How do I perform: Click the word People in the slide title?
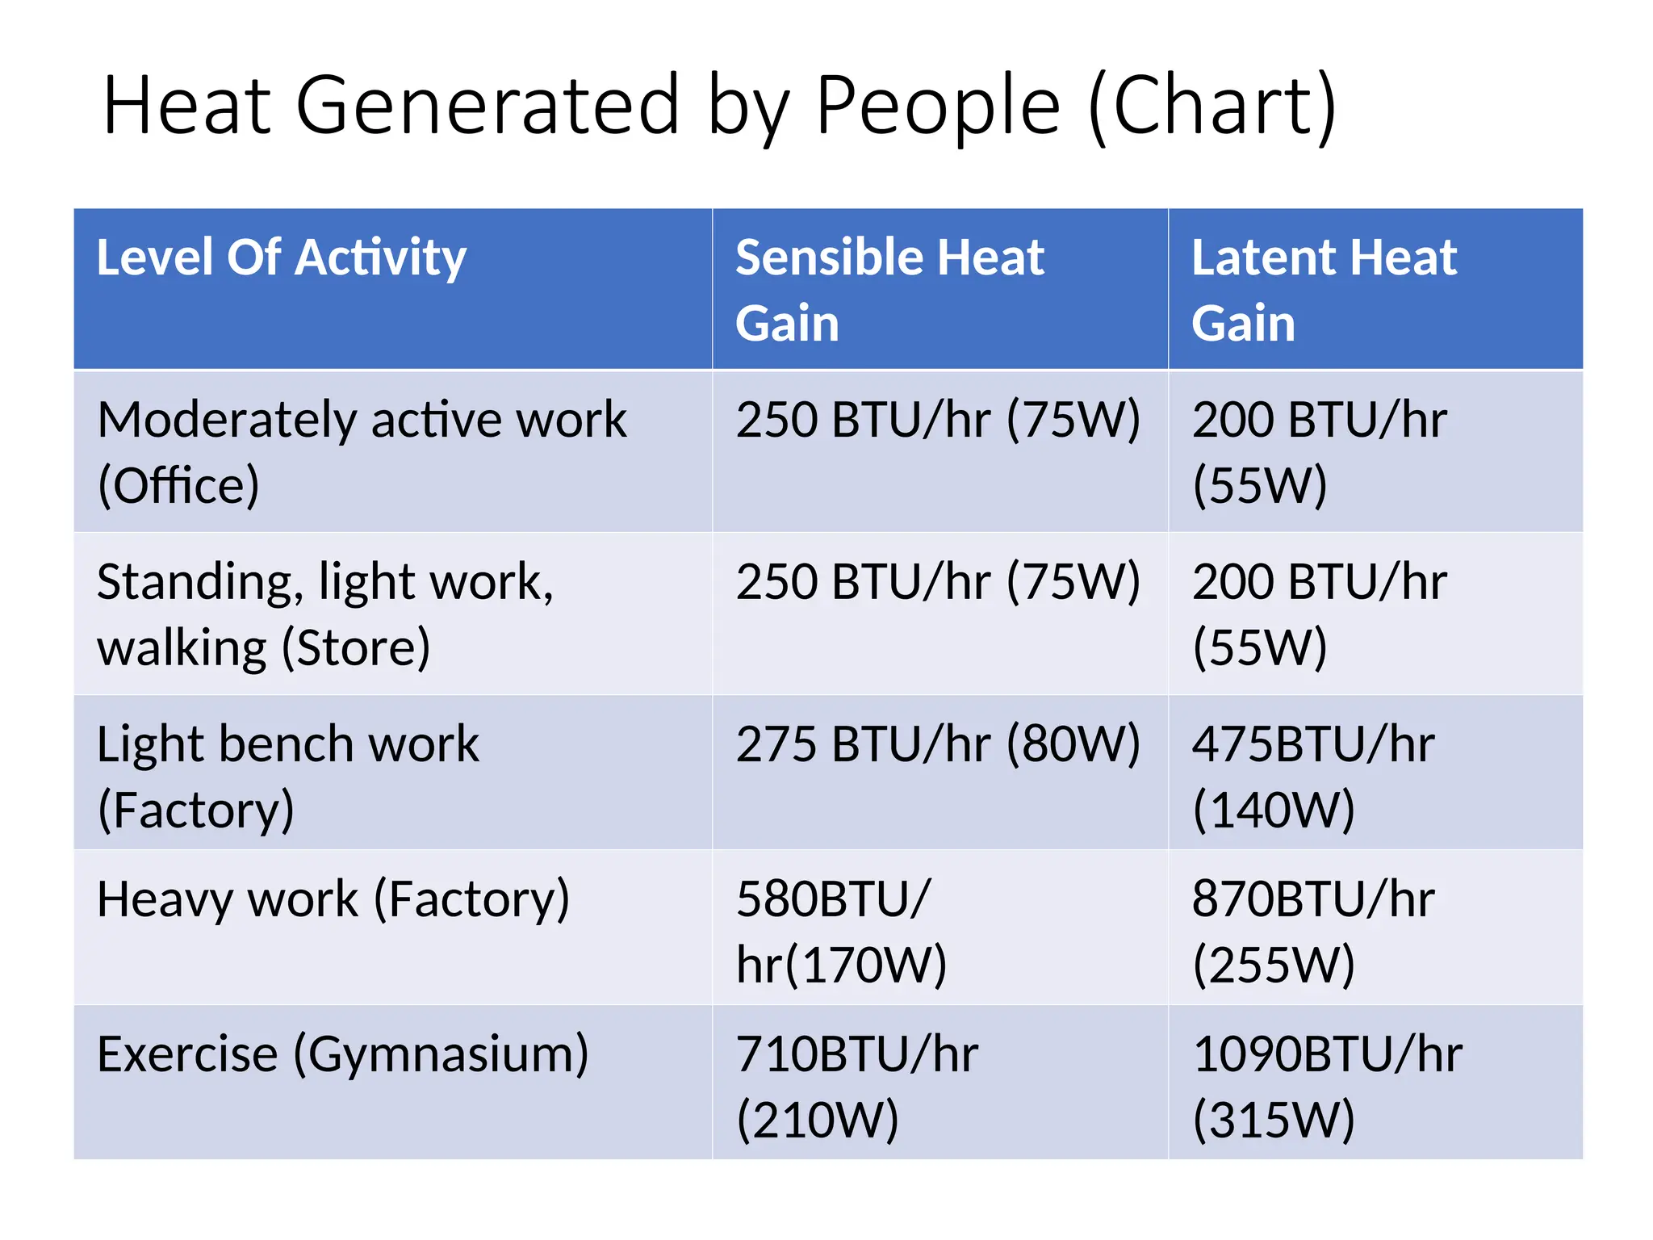pos(937,106)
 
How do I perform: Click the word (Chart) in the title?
pos(1212,106)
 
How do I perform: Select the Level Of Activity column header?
pos(281,258)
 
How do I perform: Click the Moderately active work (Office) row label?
pos(361,452)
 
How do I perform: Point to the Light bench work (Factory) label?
pos(287,776)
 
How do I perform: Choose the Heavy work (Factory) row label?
pos(333,899)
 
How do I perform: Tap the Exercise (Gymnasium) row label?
pos(342,1054)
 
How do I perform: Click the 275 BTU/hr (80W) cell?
pos(937,744)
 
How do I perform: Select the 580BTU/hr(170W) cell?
pos(841,931)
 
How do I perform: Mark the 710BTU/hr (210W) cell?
pos(856,1086)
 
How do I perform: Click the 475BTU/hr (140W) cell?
pos(1313,776)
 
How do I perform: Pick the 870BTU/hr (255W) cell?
pos(1313,931)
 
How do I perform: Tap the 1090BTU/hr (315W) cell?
pos(1327,1086)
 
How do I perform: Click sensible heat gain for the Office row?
pos(937,420)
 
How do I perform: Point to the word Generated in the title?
pos(488,106)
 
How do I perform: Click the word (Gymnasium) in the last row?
pos(441,1054)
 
